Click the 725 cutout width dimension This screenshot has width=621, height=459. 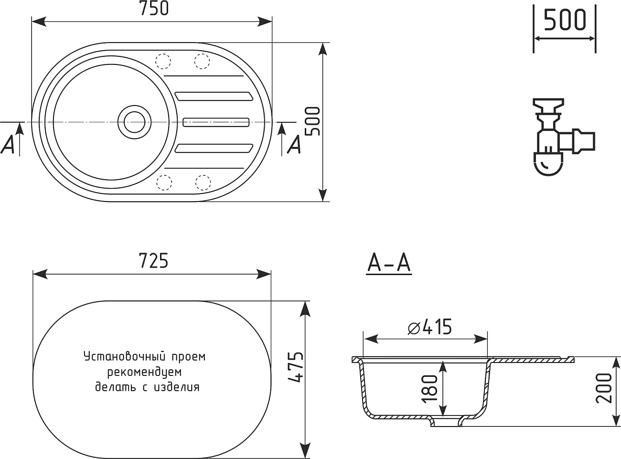point(153,261)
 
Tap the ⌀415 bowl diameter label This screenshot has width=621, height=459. point(429,328)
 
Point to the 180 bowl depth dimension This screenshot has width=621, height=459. point(430,387)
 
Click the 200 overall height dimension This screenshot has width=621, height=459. point(605,388)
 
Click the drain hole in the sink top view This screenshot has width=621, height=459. point(134,122)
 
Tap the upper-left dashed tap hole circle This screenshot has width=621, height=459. point(163,62)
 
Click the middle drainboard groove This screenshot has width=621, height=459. point(216,122)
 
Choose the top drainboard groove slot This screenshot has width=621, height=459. point(214,96)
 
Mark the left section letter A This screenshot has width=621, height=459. point(8,144)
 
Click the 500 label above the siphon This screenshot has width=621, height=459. point(565,21)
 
